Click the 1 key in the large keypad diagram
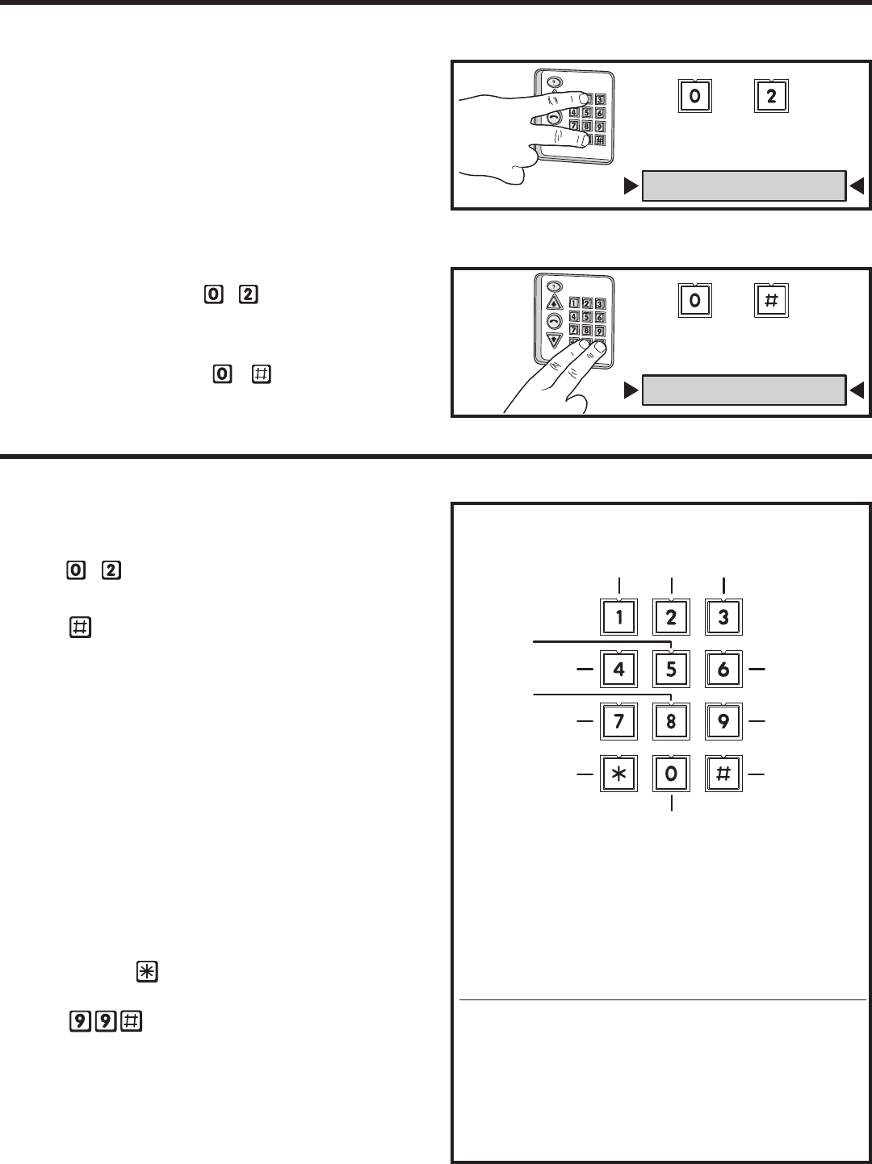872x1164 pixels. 618,617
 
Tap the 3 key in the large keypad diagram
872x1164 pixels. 723,617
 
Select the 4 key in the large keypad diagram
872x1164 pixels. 618,670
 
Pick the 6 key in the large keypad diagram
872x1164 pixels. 723,670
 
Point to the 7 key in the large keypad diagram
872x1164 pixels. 618,721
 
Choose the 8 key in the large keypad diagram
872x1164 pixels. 672,721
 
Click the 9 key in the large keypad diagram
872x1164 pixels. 723,721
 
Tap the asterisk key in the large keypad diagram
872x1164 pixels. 618,774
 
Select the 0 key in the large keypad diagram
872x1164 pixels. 672,774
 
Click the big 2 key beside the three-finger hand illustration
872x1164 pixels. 771,96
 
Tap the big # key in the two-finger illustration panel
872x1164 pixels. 771,301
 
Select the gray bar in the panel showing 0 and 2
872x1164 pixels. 744,186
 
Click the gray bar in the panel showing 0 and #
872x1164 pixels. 744,390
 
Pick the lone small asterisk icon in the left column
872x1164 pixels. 147,971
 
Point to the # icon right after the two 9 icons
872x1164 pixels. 131,1021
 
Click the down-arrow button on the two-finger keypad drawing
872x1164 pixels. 554,340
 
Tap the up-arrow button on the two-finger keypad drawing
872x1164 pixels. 554,303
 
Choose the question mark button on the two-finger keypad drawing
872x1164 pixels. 554,287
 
